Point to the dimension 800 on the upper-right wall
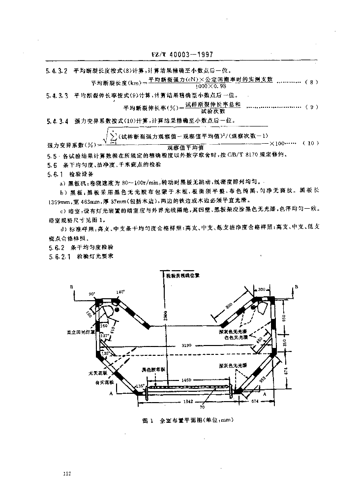point(229,304)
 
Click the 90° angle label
point(91,293)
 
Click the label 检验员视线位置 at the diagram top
point(182,276)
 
